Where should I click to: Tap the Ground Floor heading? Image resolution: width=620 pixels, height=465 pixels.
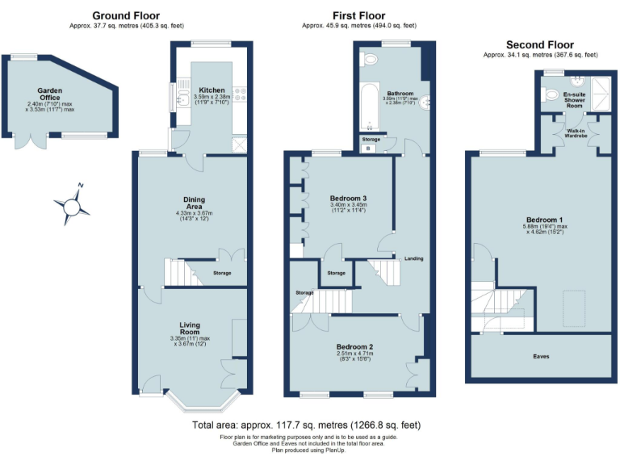pos(125,15)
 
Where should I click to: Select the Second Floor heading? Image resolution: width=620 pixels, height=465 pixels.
pos(539,44)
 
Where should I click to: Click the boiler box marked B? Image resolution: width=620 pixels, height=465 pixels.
pos(369,148)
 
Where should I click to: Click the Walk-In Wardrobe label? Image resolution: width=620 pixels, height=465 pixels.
pos(576,132)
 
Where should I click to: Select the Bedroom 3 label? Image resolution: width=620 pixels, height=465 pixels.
pos(349,198)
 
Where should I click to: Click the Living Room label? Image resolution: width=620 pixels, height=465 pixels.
pos(191,328)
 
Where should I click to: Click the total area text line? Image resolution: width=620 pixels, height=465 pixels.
pos(306,425)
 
